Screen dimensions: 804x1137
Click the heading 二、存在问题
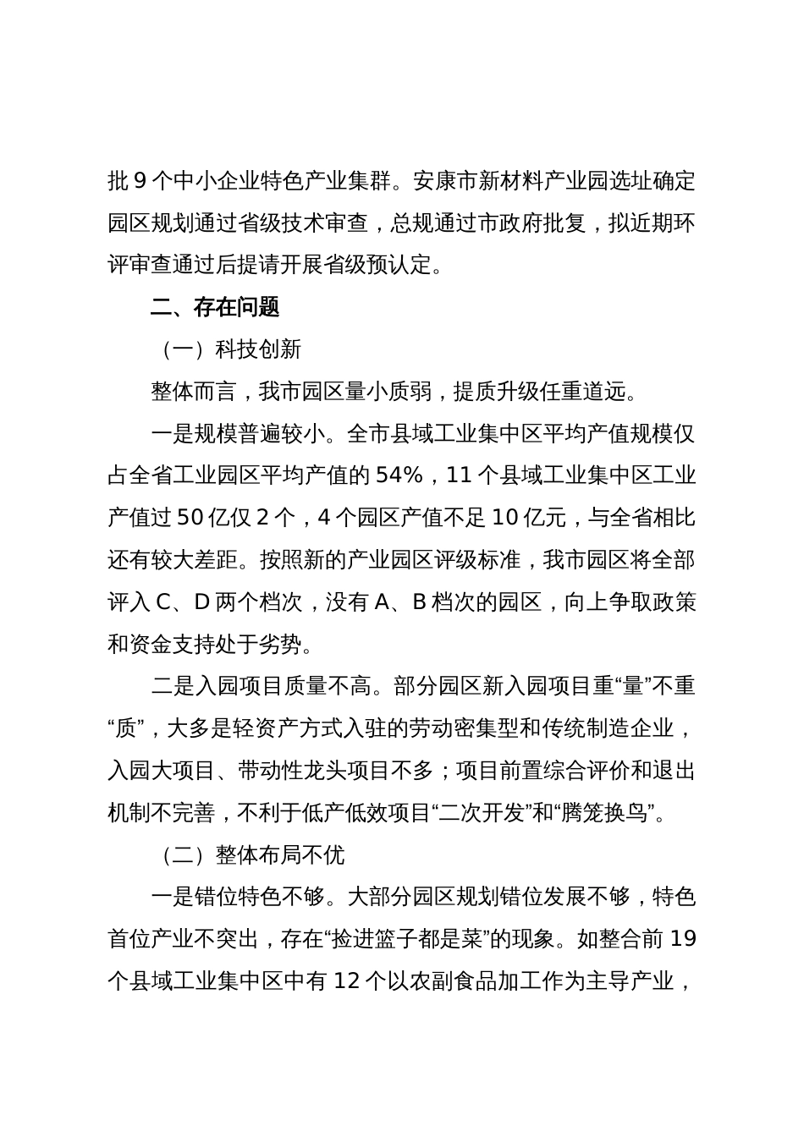(x=215, y=307)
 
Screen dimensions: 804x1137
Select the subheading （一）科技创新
(x=225, y=349)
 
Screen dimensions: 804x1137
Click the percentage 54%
(x=399, y=475)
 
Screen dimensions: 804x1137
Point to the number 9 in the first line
(x=140, y=181)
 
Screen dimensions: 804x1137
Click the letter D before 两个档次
(x=202, y=602)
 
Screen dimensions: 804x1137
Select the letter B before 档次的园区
(x=420, y=602)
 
